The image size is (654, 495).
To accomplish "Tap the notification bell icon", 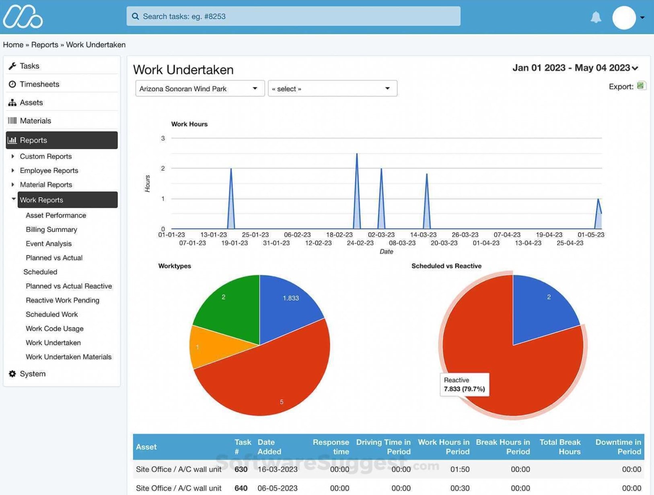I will click(596, 17).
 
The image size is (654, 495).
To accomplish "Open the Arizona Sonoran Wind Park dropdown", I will click(199, 89).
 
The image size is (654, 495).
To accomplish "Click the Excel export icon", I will click(641, 86).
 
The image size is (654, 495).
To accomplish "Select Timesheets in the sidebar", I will click(39, 84).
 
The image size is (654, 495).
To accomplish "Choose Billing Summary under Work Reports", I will click(51, 229).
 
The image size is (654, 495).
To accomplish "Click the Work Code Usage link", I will click(55, 328).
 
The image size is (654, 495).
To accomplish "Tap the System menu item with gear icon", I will click(32, 373).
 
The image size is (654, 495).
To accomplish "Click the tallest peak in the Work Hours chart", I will click(357, 155).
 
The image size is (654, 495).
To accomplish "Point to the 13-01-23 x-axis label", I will click(214, 235).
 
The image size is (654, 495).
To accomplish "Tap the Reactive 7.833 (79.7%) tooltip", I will click(464, 384).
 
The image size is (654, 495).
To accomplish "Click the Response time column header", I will click(331, 447).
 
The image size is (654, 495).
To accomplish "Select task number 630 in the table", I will click(241, 469).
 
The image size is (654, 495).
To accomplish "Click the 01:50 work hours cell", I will click(460, 469).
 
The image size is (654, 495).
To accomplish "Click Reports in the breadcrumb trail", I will click(45, 45).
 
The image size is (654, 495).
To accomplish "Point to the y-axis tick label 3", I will click(163, 138).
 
